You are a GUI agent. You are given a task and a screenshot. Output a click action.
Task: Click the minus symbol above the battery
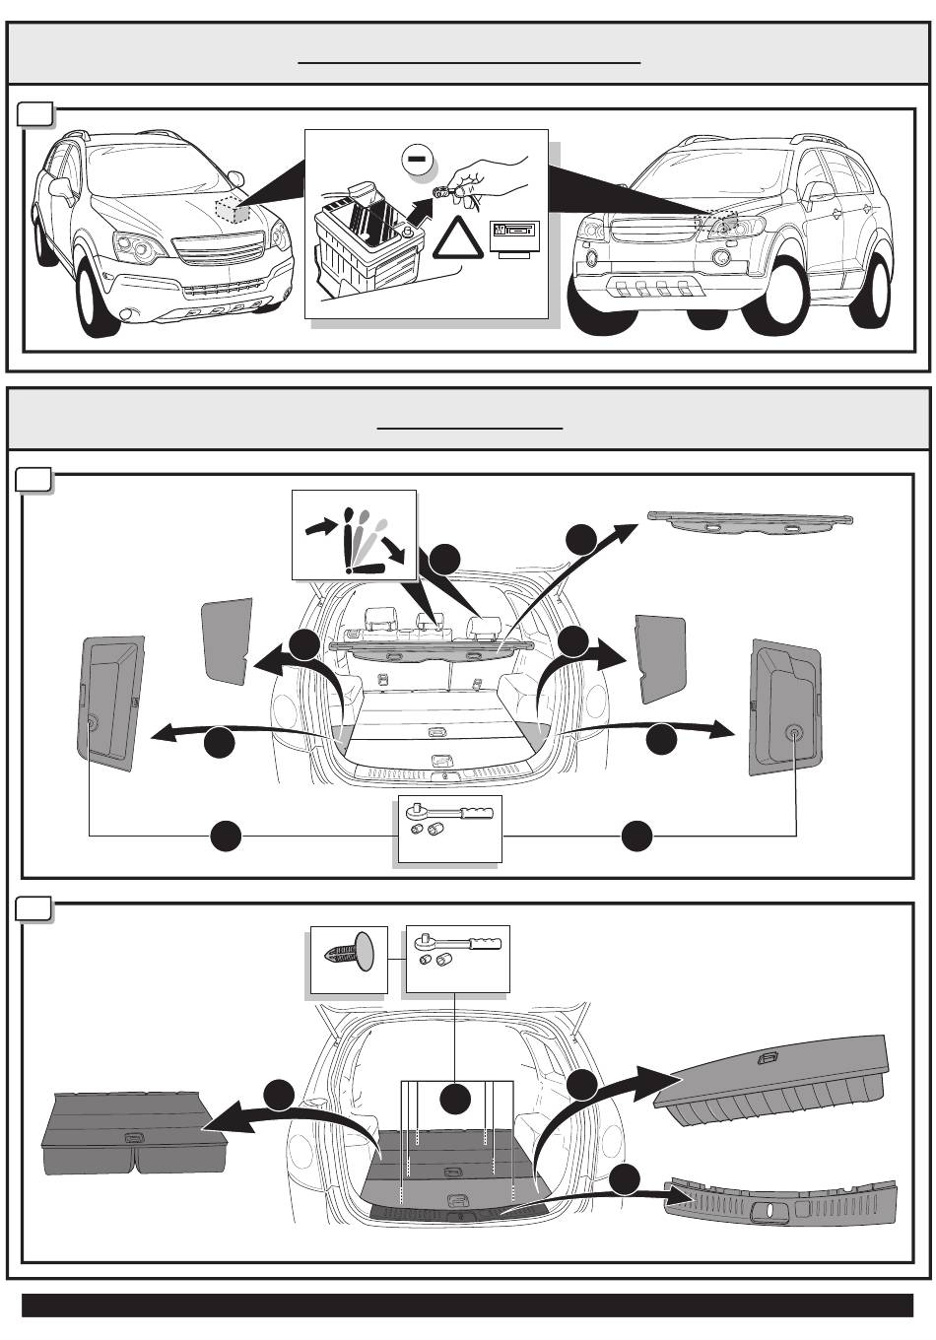click(x=417, y=158)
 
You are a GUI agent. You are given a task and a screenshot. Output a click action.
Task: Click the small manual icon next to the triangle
click(x=514, y=234)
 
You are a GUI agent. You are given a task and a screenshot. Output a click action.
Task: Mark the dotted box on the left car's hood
click(x=233, y=208)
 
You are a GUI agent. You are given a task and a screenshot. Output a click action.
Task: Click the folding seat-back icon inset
click(x=354, y=534)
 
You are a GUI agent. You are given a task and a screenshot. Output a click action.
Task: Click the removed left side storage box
click(x=111, y=701)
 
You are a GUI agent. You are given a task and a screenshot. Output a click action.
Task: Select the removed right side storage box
click(x=785, y=706)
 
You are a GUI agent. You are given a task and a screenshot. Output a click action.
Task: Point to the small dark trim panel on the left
click(x=227, y=640)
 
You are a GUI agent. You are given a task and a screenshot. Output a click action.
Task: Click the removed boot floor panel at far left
click(x=133, y=1134)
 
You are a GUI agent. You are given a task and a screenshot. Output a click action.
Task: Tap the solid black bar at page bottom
click(x=467, y=1305)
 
